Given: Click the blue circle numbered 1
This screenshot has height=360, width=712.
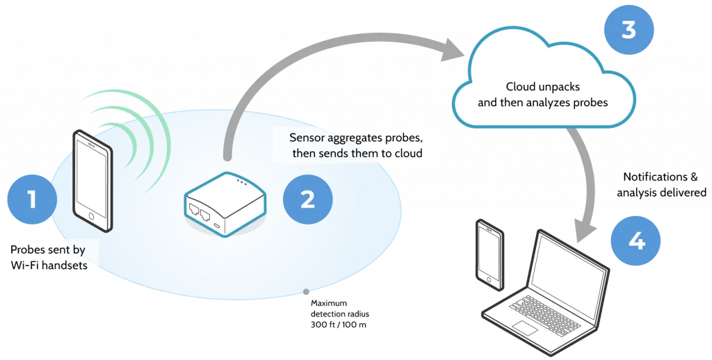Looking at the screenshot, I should [x=31, y=200].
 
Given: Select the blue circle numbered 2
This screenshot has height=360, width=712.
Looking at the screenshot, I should [x=307, y=199].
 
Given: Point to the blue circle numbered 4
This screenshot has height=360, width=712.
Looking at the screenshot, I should [x=636, y=240].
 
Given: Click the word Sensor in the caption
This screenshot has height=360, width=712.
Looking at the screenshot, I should [x=307, y=137].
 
